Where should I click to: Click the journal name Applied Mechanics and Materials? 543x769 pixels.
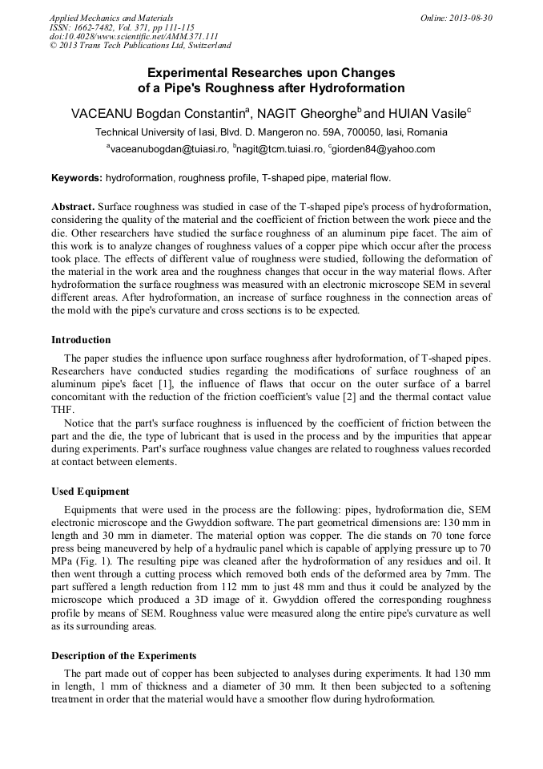(x=111, y=18)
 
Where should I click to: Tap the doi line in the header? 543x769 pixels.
(x=134, y=36)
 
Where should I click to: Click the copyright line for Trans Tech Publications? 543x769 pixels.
(x=140, y=46)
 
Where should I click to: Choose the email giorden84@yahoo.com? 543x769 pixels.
(x=384, y=149)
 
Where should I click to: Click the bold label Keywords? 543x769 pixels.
(x=77, y=178)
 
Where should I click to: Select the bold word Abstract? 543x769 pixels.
(x=72, y=206)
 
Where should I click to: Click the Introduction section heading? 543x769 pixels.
(x=81, y=340)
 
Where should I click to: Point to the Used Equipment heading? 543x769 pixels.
(x=90, y=492)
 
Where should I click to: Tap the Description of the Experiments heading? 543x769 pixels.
(x=123, y=656)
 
